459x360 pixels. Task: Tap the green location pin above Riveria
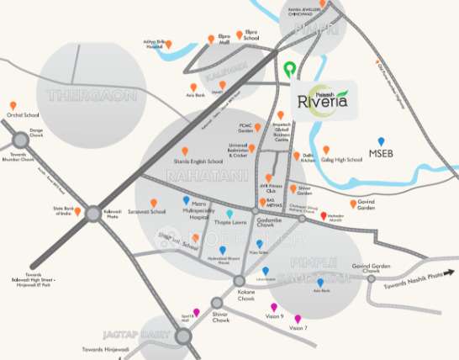[x=290, y=70]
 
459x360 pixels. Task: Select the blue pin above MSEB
[x=381, y=142]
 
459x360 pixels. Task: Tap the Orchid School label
[x=24, y=114]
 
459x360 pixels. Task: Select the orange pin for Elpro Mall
[x=212, y=40]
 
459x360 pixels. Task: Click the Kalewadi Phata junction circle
[x=92, y=214]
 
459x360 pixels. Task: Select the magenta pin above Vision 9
[x=273, y=307]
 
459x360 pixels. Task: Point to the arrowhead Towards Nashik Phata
[x=452, y=272]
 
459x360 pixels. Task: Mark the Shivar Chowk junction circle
[x=219, y=302]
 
